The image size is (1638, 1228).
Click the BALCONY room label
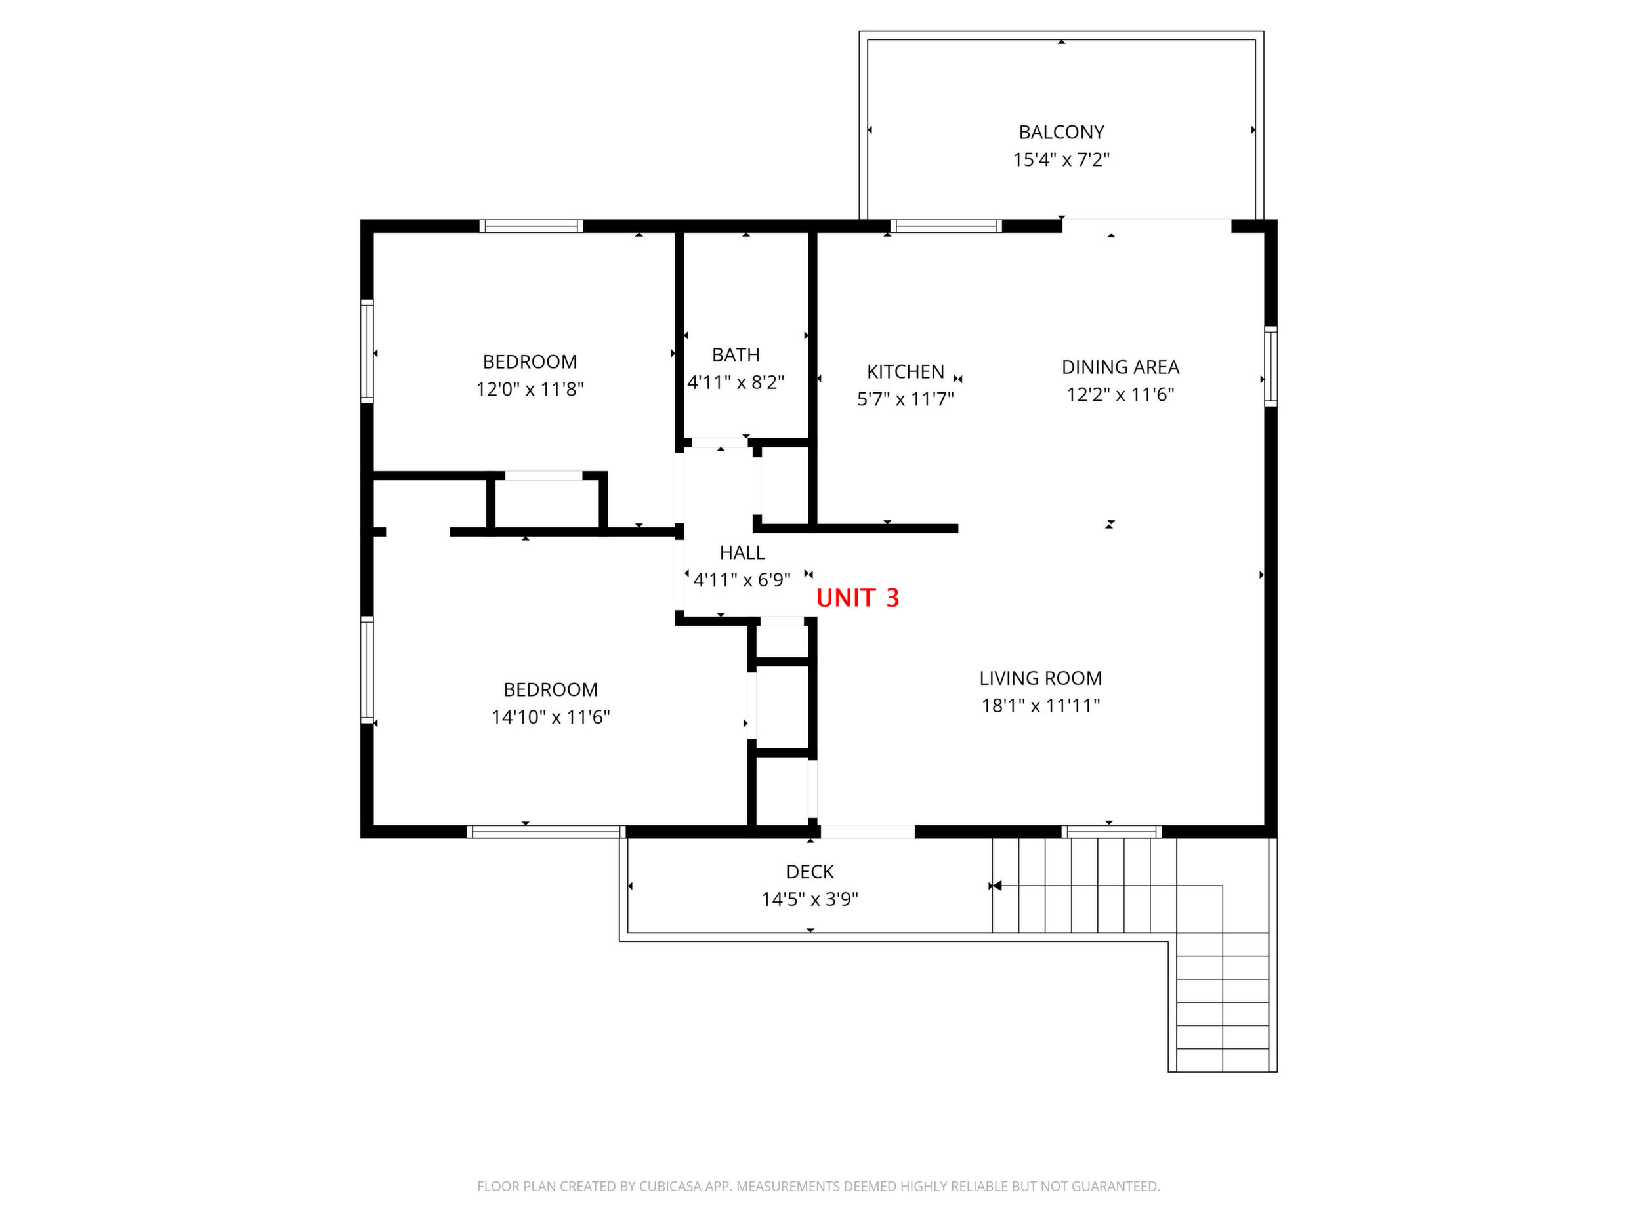pos(1061,133)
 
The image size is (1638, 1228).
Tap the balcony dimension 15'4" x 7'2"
pos(1061,160)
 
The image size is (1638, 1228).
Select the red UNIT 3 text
pos(858,598)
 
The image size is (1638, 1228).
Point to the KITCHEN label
pos(906,371)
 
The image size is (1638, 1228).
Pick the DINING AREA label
pos(1120,367)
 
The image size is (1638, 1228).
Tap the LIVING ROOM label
pos(1040,678)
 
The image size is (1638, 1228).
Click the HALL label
pos(742,553)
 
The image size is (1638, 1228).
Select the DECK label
pos(810,872)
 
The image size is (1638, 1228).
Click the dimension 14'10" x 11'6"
pos(551,717)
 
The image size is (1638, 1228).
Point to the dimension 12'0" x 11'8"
pos(530,390)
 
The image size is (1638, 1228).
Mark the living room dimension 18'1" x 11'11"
pos(1040,706)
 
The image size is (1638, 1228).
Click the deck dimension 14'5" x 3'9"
pos(810,899)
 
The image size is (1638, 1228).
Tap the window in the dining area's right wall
pos(1270,367)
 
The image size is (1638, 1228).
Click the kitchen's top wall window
pos(946,226)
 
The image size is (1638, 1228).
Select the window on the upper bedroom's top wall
pos(531,226)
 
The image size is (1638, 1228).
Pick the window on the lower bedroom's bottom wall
pos(547,832)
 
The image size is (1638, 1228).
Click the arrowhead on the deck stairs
pos(997,886)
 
